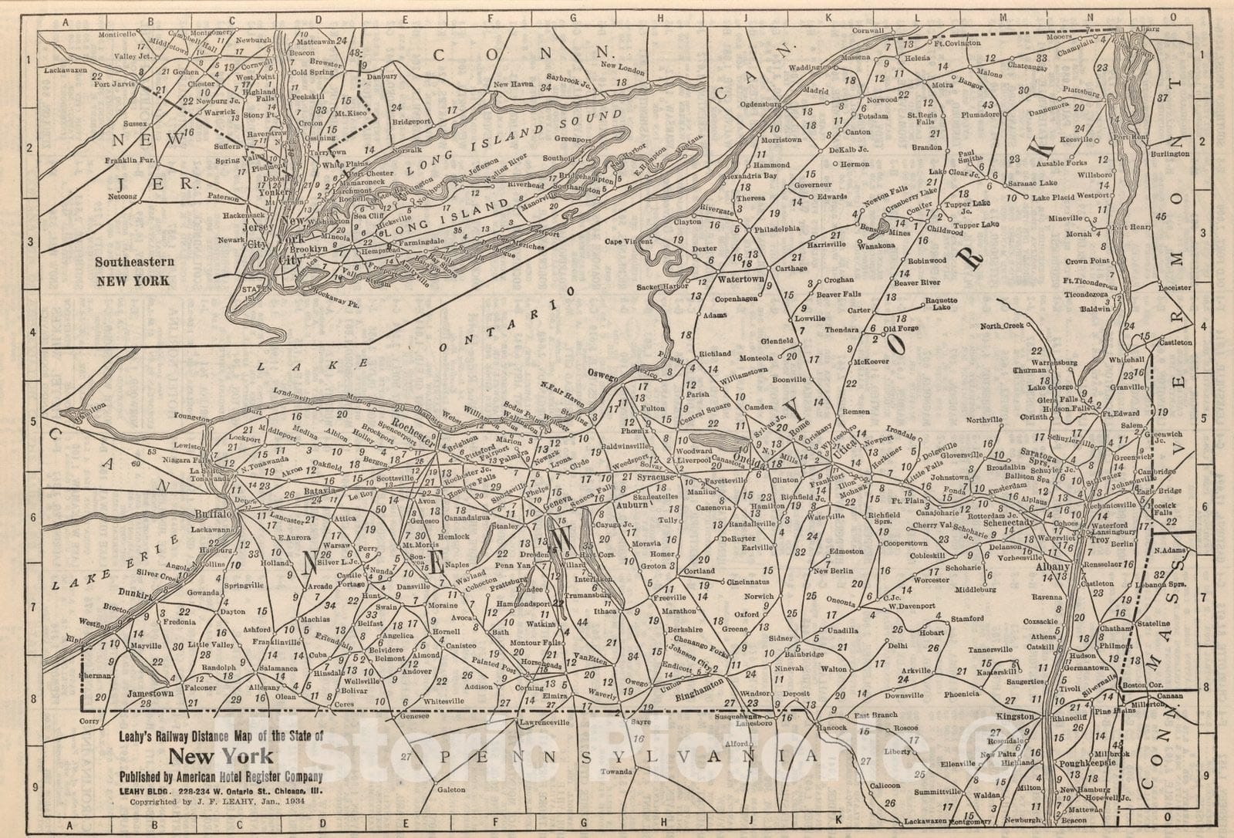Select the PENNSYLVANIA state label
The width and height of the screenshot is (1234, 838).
point(625,757)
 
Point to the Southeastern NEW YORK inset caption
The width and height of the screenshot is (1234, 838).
point(133,271)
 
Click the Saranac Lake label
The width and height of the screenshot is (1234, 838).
point(1033,183)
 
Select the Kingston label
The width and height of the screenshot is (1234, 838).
point(1014,717)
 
